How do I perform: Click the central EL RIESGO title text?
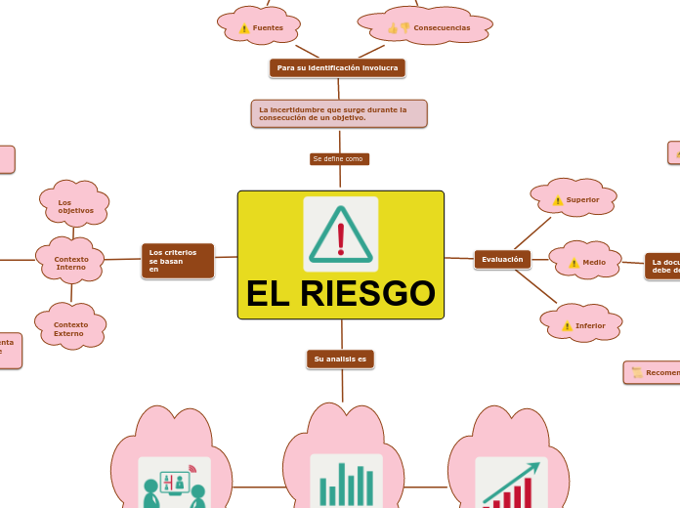click(x=340, y=293)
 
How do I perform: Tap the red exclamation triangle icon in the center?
click(x=340, y=233)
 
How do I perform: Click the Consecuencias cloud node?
click(x=426, y=27)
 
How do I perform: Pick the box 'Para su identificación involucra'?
click(x=337, y=68)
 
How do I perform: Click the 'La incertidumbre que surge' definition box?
click(x=339, y=113)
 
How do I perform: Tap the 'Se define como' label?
click(x=339, y=158)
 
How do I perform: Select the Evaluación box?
click(x=502, y=259)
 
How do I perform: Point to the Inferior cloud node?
click(x=583, y=325)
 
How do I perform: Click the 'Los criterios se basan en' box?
click(x=177, y=260)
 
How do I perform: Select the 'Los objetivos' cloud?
click(x=75, y=206)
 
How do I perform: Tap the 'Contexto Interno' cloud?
click(x=70, y=263)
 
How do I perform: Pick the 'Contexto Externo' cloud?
click(x=70, y=328)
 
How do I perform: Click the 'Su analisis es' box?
click(x=340, y=360)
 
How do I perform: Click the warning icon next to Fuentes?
click(x=244, y=28)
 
